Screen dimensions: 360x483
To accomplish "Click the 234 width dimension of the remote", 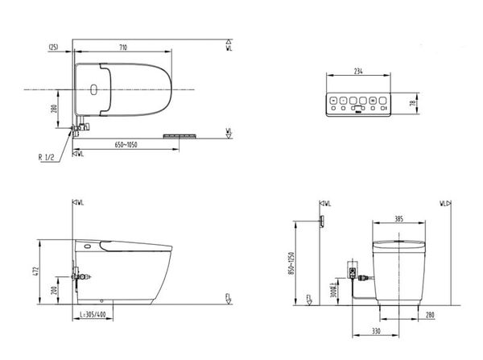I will point(357,71).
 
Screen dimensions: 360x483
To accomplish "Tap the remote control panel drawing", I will point(357,104).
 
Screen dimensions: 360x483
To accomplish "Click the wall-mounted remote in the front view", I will point(321,221).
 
